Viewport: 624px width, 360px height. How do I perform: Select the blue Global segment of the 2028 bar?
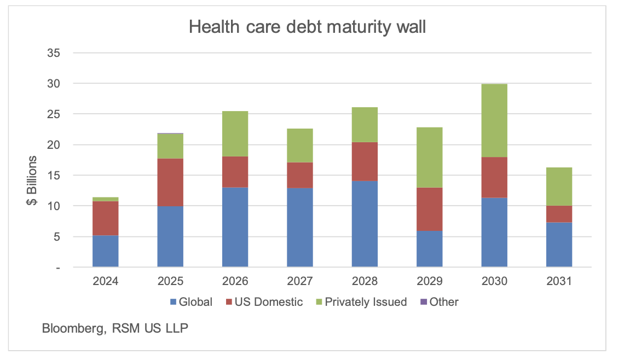(x=365, y=224)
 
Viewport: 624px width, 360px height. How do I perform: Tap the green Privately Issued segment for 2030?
(x=494, y=120)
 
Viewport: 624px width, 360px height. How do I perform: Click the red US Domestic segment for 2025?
(x=170, y=182)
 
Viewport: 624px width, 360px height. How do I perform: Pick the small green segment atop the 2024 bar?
(x=106, y=199)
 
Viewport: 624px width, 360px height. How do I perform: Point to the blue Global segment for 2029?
(x=429, y=248)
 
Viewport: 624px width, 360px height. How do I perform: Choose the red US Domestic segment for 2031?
(x=559, y=214)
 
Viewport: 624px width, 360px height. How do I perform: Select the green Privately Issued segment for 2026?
(x=235, y=133)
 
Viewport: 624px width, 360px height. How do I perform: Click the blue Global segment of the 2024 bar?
(x=106, y=251)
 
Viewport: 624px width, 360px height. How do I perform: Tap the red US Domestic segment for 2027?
(x=300, y=175)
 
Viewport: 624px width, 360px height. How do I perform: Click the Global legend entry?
(x=191, y=302)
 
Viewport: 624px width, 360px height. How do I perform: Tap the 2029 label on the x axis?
(x=429, y=282)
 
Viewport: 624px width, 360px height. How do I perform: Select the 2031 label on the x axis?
(x=559, y=282)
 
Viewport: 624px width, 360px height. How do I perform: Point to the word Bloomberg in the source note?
(x=71, y=329)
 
